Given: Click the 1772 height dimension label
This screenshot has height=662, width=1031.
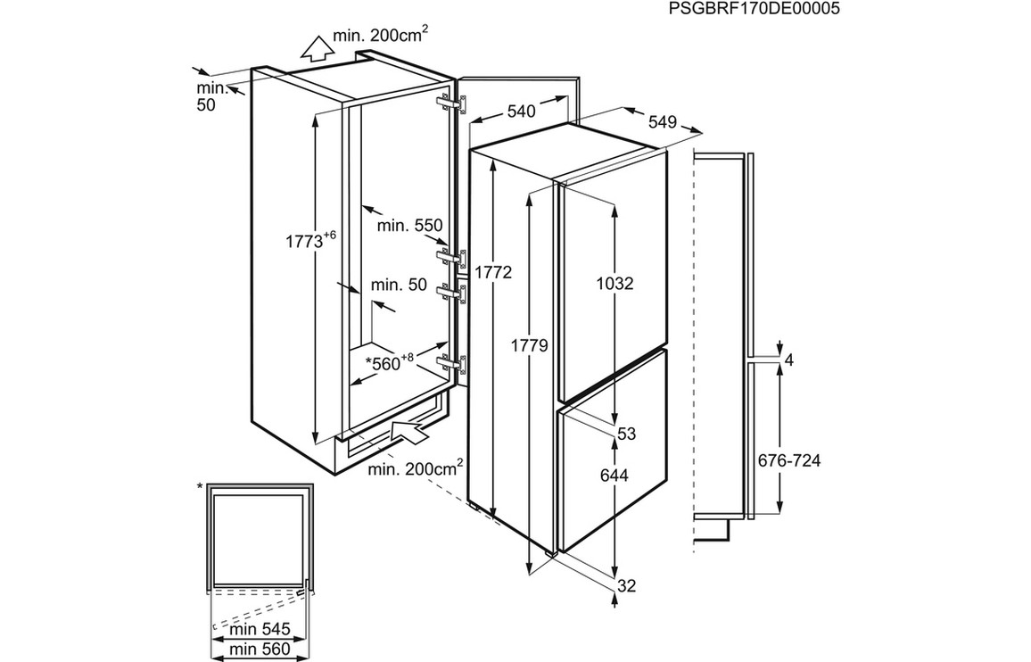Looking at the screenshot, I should coord(493,273).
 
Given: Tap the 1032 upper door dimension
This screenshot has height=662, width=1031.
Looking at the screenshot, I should coord(614,284).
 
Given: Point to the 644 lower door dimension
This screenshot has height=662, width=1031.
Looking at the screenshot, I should coord(614,476).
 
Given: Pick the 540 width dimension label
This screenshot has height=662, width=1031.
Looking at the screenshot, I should coord(520,112).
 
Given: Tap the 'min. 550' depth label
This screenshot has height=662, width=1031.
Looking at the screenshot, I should coord(410,227).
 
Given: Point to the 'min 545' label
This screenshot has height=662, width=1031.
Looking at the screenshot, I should coord(259,630).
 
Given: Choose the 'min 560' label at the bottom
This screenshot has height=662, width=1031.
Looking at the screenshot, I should coord(259,649).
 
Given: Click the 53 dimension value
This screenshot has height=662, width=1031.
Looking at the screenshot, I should coord(626,434).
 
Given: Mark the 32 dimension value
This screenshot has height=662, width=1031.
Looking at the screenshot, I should coord(626,586).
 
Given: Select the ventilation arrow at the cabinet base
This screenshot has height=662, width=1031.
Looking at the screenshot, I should coord(409,432).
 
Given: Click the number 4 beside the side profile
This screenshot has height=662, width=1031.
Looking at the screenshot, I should coord(788,360).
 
